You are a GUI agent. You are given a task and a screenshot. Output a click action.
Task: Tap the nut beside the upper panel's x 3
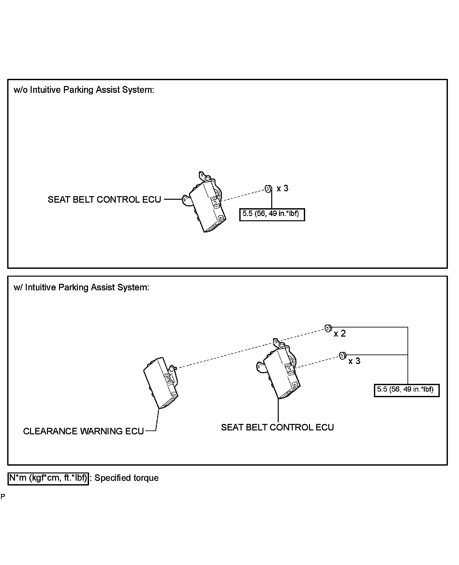coord(267,189)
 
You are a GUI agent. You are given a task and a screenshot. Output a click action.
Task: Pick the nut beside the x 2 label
coord(328,328)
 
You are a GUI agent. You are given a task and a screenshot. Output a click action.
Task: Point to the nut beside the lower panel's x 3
coord(342,355)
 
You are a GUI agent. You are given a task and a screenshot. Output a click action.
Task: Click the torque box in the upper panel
coord(272,214)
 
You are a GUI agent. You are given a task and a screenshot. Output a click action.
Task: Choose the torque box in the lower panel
coord(407,390)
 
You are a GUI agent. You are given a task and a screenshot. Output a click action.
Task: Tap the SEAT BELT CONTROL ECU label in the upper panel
coord(104,200)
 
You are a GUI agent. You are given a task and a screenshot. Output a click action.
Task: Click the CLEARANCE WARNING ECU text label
coord(83,431)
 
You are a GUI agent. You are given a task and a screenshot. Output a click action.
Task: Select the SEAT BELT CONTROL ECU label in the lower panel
coord(277,427)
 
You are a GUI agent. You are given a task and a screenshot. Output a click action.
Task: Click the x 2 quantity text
coord(340,334)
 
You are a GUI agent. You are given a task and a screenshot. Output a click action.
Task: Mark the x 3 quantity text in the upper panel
coord(283,188)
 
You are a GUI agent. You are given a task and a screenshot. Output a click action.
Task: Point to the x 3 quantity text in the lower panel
coord(354,361)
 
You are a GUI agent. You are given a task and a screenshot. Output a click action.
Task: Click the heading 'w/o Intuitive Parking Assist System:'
coord(84,90)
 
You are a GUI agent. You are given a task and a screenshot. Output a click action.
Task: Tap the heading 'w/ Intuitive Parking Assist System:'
coord(81,287)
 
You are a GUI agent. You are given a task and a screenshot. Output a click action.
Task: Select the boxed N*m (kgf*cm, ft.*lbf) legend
coord(48,478)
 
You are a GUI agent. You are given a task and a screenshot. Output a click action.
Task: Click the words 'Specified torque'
coord(126,478)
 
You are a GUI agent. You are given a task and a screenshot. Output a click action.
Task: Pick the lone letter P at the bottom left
coord(3,497)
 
